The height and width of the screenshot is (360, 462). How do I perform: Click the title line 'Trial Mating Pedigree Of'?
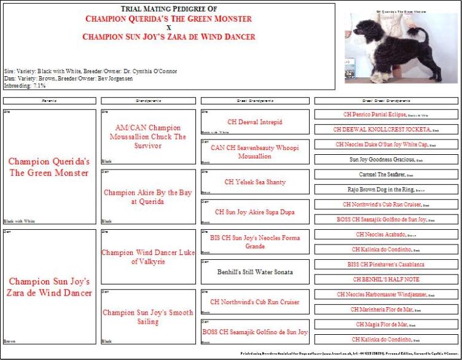(x=169, y=9)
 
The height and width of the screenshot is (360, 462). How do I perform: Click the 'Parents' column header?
(x=49, y=100)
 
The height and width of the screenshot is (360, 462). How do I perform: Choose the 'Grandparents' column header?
(x=147, y=100)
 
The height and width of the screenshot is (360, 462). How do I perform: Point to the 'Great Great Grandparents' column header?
(x=386, y=100)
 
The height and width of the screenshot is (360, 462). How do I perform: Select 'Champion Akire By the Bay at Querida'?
(x=147, y=197)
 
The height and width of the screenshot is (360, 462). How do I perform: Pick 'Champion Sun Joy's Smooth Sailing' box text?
(x=147, y=317)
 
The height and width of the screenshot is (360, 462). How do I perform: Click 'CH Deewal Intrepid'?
(x=254, y=122)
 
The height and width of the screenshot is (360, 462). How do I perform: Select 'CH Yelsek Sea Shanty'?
(x=254, y=182)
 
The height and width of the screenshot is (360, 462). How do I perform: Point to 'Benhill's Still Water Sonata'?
(x=254, y=271)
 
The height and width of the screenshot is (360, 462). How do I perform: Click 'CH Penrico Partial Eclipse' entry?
(x=386, y=114)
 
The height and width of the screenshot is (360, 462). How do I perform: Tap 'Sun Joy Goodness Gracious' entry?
(x=386, y=160)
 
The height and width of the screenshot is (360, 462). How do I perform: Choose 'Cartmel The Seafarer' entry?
(x=386, y=174)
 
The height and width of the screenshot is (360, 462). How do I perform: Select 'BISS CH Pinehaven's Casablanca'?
(x=386, y=264)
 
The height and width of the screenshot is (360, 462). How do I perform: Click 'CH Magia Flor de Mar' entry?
(x=386, y=324)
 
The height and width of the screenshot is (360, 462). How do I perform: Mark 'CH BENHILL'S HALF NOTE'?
(x=386, y=279)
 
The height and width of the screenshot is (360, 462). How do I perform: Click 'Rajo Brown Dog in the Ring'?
(x=386, y=189)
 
